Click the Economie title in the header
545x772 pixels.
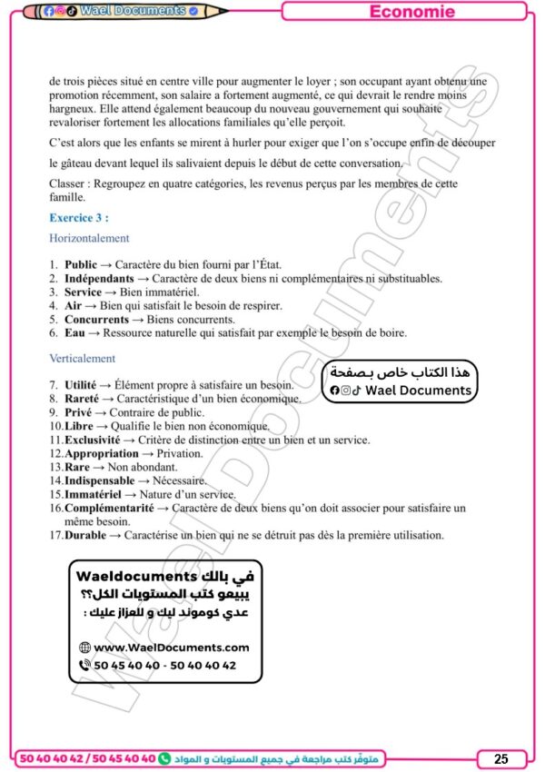coord(412,12)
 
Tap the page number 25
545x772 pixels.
coord(500,758)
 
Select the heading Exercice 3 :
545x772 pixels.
coord(79,218)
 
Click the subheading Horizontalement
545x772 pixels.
coord(89,239)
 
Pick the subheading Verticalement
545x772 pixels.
coord(83,359)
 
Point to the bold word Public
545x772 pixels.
coord(81,264)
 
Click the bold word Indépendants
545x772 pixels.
coord(99,278)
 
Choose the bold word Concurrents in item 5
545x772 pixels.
coord(96,320)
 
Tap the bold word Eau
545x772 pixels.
coord(74,333)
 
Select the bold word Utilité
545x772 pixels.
coord(80,386)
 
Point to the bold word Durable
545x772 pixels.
coord(84,536)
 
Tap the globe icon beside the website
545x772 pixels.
coord(85,648)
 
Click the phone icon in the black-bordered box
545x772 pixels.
coord(85,665)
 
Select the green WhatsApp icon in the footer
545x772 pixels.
coord(164,758)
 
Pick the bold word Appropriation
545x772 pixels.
coord(101,453)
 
